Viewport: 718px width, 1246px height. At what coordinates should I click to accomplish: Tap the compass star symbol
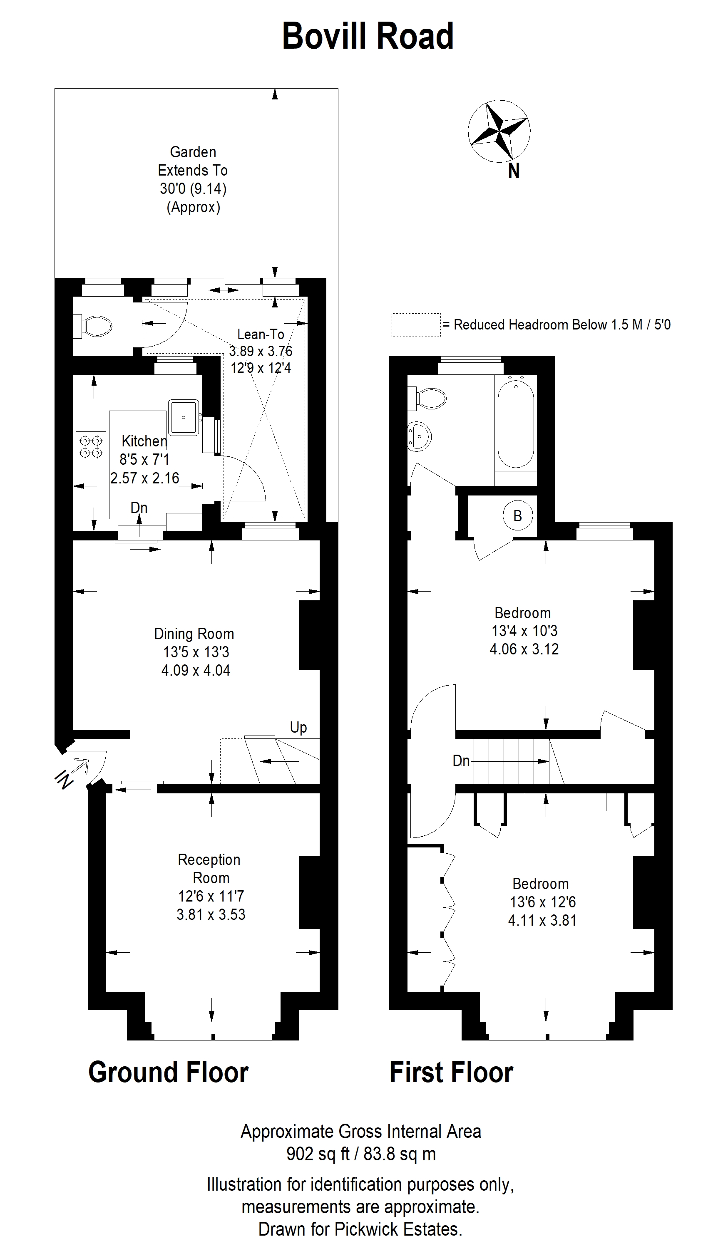click(499, 131)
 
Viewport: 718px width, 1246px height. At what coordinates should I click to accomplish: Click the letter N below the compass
click(514, 171)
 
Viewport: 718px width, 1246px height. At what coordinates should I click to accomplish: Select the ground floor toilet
click(93, 326)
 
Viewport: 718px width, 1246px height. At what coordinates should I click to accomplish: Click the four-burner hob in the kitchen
click(91, 446)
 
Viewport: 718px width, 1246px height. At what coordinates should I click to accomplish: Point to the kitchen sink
click(184, 417)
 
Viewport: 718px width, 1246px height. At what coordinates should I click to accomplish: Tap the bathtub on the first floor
click(516, 422)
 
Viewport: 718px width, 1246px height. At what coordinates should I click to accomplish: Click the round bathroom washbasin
click(419, 436)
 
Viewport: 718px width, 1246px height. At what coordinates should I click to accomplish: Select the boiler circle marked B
click(517, 515)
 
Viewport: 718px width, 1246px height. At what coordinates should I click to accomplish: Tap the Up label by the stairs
click(298, 728)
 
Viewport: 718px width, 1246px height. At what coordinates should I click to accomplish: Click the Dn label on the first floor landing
click(461, 761)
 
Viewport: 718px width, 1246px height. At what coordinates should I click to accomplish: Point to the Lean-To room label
click(261, 334)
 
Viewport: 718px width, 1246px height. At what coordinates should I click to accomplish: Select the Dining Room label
click(194, 634)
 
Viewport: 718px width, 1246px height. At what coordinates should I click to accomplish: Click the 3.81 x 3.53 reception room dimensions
click(211, 914)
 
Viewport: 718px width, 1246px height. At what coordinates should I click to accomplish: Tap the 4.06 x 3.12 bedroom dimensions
click(524, 649)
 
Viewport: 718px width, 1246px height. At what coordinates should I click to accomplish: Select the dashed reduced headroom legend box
click(416, 325)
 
